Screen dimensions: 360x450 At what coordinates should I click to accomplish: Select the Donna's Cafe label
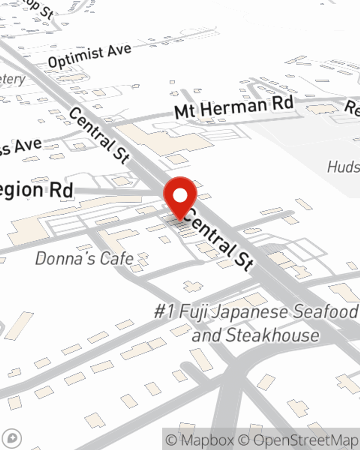[85, 259]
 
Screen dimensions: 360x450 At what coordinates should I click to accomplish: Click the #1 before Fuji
[164, 311]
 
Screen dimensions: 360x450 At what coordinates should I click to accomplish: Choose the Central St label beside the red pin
[220, 239]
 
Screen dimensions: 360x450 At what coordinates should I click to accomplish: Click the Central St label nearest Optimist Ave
[99, 135]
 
